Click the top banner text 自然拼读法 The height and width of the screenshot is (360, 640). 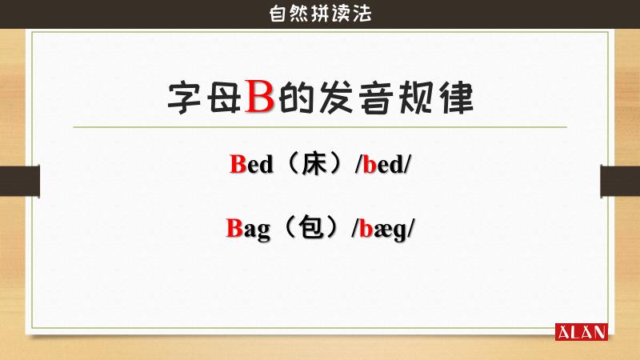coord(320,14)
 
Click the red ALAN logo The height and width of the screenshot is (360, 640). coord(581,331)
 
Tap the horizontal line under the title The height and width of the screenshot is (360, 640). coord(320,127)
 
